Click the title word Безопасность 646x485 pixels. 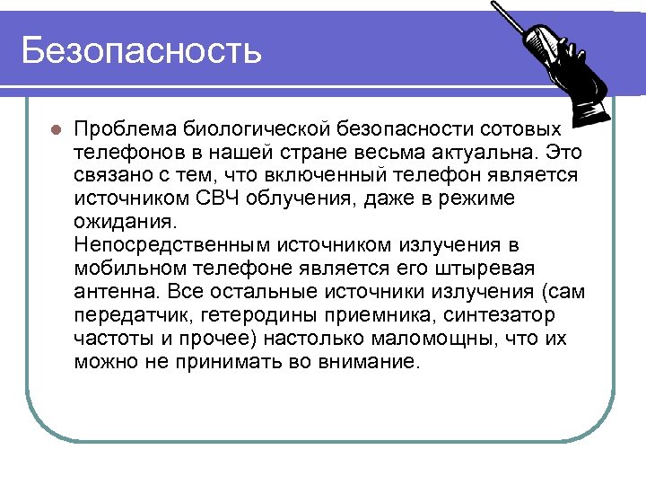[142, 49]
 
